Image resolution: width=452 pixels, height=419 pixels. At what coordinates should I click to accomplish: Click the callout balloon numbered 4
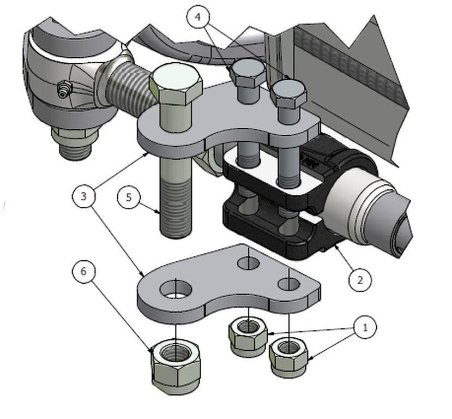coord(198,17)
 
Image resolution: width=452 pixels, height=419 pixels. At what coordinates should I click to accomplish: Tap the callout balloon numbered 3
coord(83,196)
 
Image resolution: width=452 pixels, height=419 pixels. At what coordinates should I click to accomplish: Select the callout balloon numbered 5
coord(129,197)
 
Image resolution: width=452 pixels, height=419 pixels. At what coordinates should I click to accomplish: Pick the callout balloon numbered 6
coord(83,271)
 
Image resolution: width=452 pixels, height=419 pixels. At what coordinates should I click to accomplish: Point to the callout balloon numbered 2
coord(360,280)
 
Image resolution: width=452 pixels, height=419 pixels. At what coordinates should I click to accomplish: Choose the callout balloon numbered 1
coord(365,327)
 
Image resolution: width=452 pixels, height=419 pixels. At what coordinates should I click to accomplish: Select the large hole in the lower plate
coord(176,289)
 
